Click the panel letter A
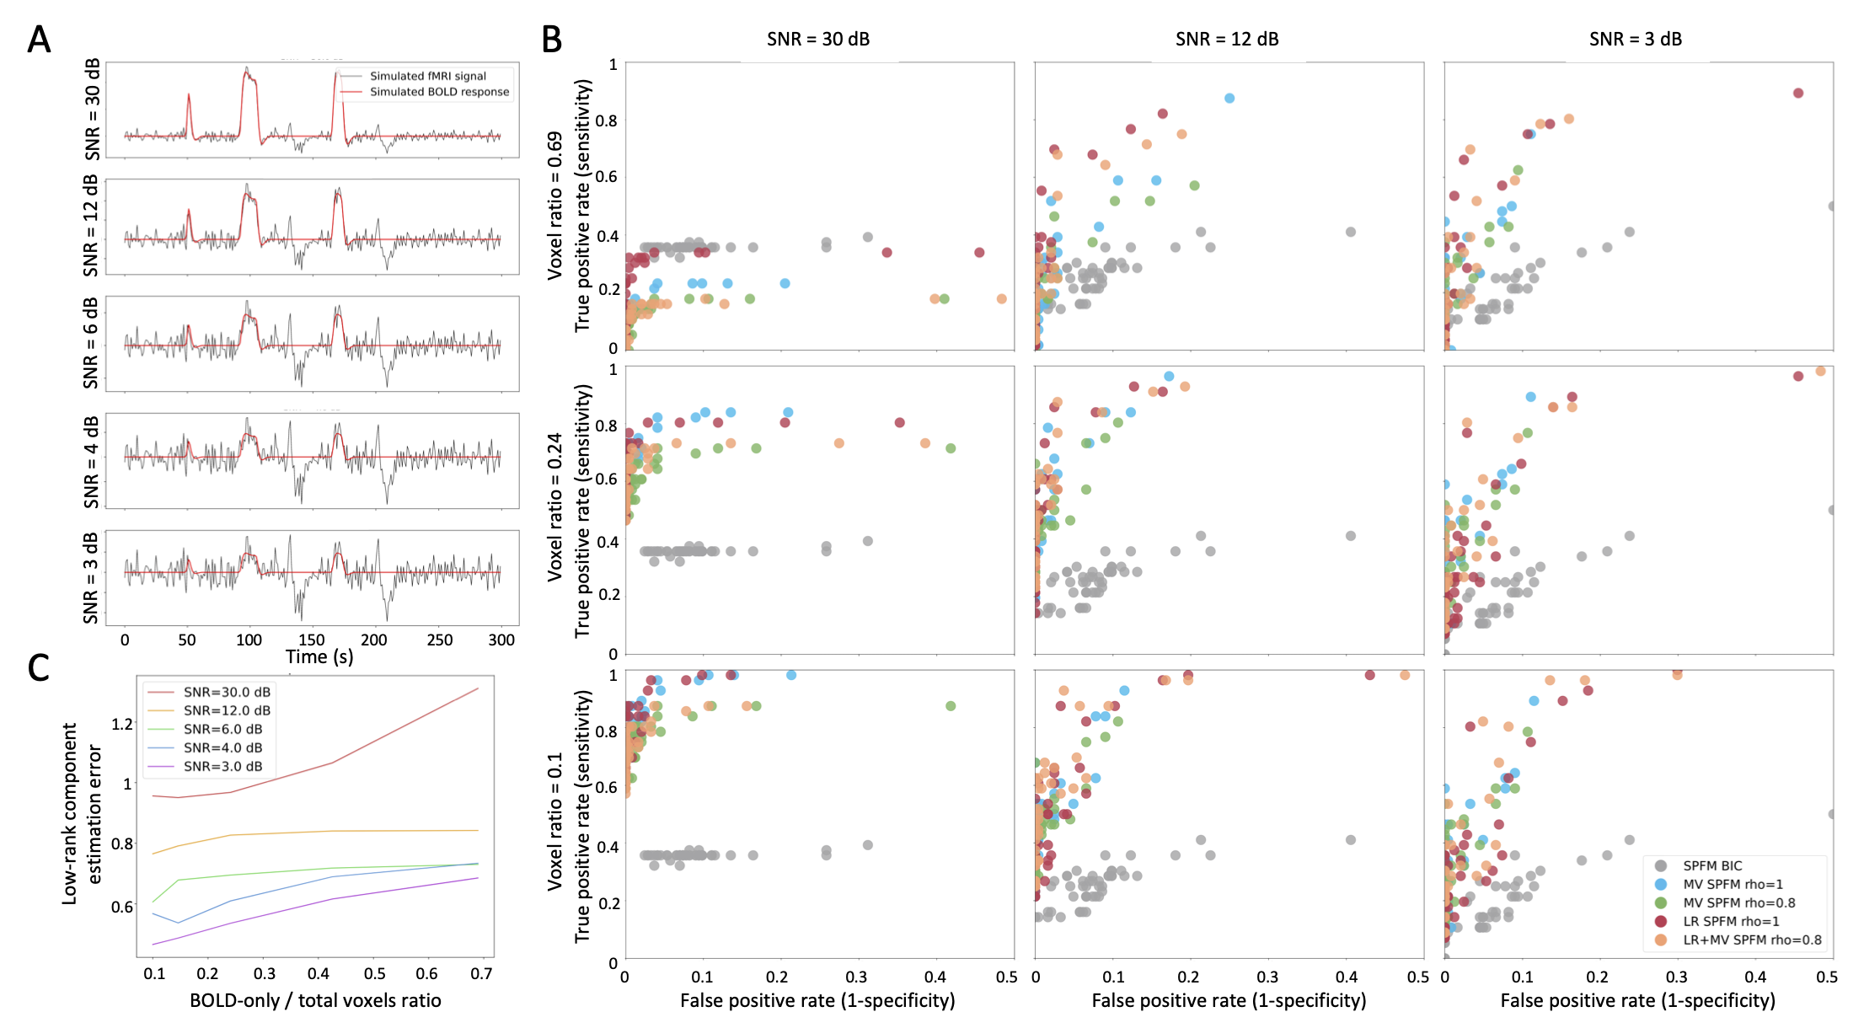[39, 40]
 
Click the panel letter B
[551, 40]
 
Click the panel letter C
[38, 667]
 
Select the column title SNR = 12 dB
[1227, 39]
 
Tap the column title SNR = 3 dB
[1635, 39]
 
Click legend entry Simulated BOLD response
[439, 92]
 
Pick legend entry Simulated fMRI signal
[428, 76]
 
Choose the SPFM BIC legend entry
[1712, 865]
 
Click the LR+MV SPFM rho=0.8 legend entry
[1751, 940]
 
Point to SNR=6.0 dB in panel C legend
[222, 729]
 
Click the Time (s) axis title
[319, 657]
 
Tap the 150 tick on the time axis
[311, 640]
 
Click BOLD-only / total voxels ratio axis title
[315, 1000]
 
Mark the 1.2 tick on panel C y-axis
[122, 724]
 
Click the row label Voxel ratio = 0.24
[554, 508]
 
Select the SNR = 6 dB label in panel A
[90, 344]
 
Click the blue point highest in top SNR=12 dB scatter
[1229, 99]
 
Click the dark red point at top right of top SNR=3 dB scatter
[1798, 93]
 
